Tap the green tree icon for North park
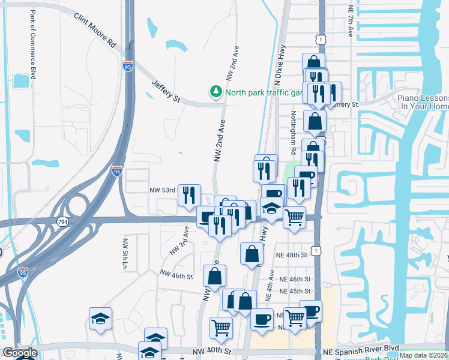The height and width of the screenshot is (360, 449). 215,92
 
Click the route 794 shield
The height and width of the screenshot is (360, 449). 62,222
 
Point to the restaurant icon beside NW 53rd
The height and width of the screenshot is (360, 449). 189,194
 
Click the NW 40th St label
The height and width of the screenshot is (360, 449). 212,350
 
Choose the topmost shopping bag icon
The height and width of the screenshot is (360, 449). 313,63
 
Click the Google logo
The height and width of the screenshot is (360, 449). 20,353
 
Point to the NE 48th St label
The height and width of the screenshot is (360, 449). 292,254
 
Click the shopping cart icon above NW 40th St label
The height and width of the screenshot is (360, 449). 221,328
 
